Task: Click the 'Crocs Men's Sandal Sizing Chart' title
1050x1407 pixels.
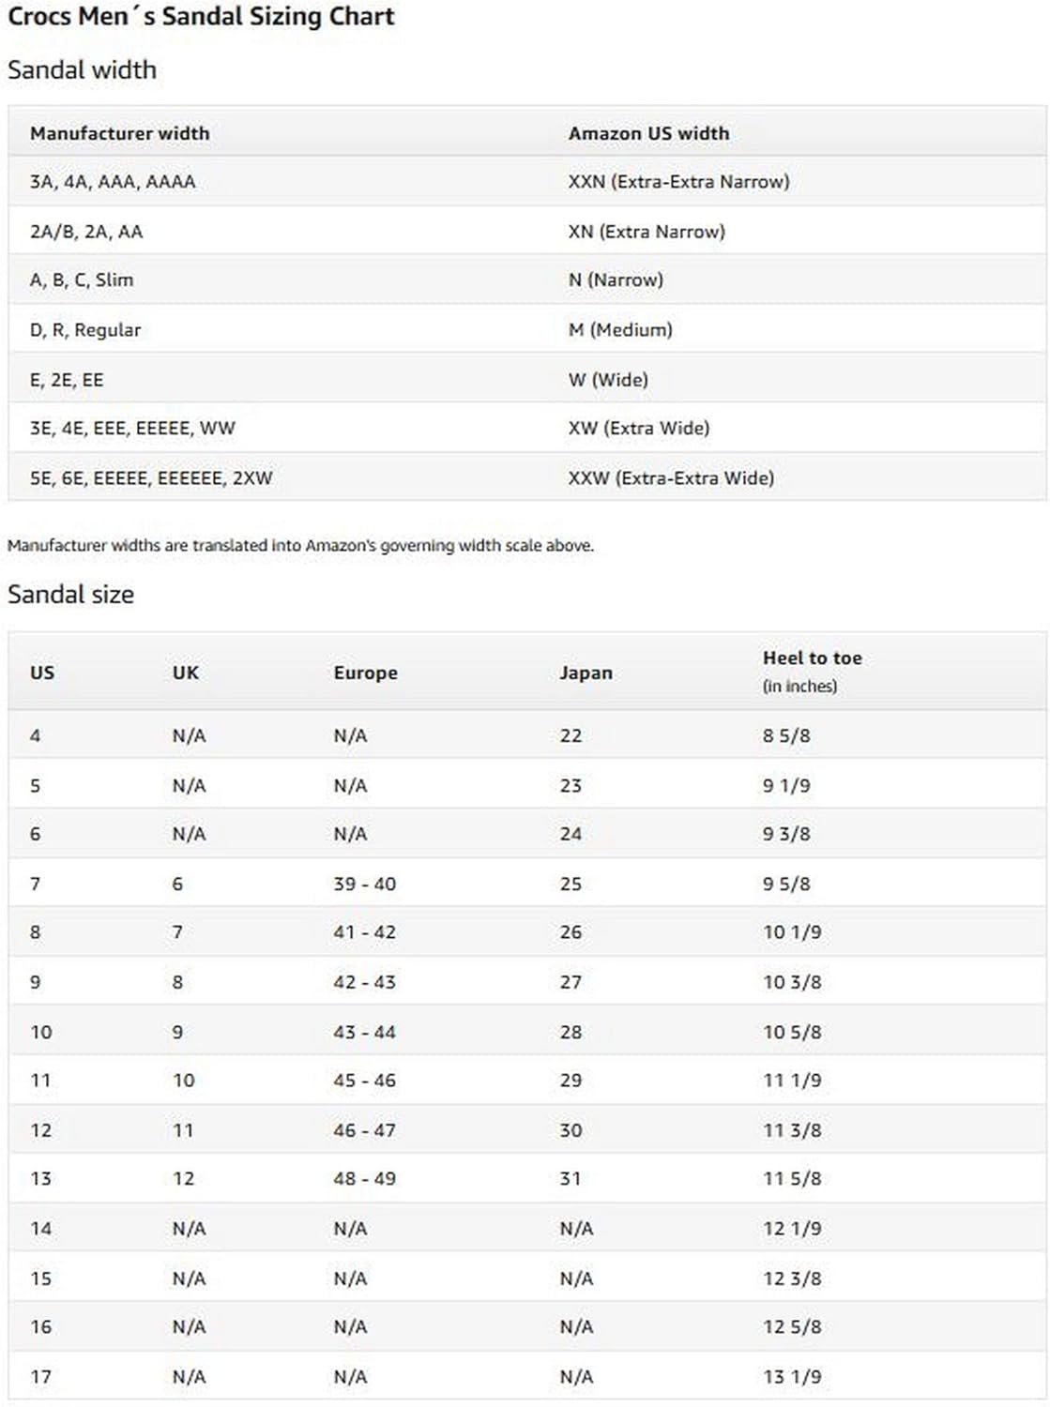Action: (201, 17)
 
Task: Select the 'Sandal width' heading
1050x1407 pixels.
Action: (82, 69)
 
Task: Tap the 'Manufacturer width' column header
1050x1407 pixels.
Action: (119, 133)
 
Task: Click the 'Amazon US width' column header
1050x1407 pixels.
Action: (648, 133)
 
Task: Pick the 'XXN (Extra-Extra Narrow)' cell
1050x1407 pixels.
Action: (678, 182)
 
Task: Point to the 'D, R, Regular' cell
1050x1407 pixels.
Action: (85, 330)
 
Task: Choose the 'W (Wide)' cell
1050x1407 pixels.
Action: (608, 380)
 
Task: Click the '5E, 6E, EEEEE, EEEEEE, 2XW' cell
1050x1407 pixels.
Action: (151, 478)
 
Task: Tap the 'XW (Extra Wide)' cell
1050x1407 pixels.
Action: (638, 429)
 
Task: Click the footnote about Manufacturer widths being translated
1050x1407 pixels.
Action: (300, 545)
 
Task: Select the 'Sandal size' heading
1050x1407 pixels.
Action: (70, 594)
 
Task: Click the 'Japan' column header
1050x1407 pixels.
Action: (586, 673)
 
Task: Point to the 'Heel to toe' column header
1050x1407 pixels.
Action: (812, 658)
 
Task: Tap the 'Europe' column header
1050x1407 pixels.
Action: (365, 673)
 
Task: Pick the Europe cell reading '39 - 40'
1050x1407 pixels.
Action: (364, 884)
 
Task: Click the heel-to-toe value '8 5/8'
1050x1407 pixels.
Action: (786, 736)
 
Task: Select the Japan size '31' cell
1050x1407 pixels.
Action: (571, 1179)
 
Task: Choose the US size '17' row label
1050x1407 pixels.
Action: (40, 1377)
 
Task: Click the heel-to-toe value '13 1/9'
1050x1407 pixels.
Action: (792, 1377)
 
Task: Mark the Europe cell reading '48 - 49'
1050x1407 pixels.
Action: (364, 1179)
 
